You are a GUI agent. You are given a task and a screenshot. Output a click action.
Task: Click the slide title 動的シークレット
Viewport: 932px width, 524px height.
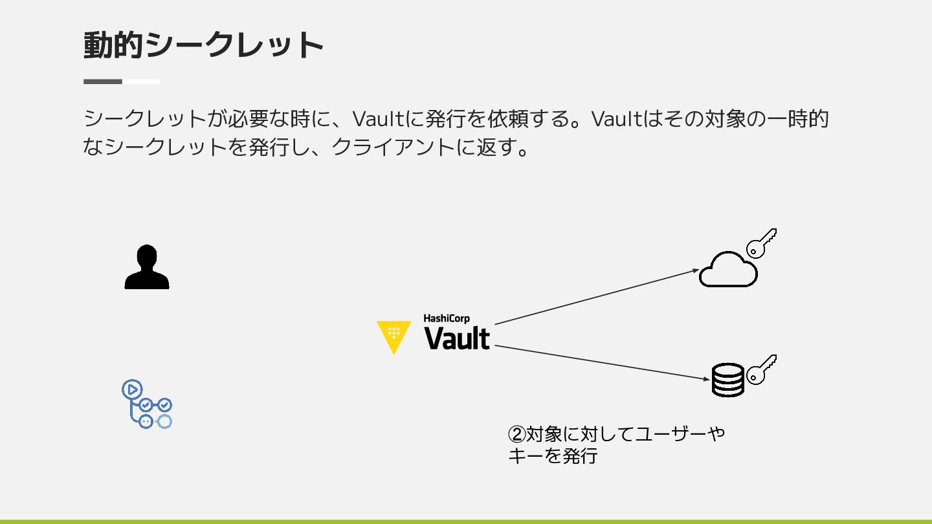point(203,45)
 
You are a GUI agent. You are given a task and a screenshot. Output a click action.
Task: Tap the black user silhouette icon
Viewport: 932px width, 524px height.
point(147,267)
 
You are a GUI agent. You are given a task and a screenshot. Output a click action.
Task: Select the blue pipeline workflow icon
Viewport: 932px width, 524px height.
point(147,404)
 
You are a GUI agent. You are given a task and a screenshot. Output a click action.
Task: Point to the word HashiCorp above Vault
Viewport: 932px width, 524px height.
point(447,318)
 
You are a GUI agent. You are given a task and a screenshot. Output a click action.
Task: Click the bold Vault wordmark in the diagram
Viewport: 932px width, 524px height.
point(457,338)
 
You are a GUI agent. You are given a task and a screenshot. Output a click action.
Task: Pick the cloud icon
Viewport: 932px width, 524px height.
point(728,270)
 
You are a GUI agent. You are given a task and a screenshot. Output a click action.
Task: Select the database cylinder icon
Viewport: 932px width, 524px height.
point(728,380)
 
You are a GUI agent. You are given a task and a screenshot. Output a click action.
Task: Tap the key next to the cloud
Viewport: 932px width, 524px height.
point(761,243)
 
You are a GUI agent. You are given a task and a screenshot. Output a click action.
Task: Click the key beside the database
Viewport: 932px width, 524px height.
point(761,369)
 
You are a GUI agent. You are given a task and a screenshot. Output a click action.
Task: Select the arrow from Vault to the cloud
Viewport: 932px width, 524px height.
point(595,296)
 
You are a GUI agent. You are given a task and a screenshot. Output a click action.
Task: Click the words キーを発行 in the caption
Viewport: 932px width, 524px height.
point(553,456)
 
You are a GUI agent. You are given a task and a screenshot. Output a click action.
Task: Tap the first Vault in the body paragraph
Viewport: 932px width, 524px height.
point(378,119)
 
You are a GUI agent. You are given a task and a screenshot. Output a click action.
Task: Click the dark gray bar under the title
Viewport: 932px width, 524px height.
point(103,82)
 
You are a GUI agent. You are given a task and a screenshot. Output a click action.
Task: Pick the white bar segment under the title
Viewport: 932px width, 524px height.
point(141,82)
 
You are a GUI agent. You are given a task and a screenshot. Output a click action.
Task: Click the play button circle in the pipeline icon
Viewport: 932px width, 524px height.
point(131,389)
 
